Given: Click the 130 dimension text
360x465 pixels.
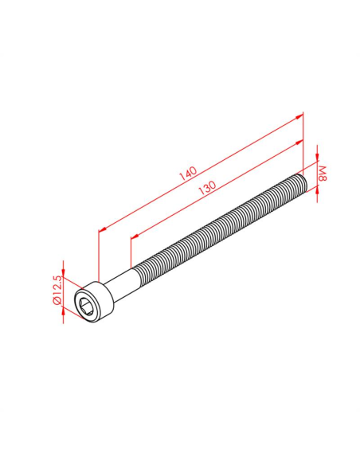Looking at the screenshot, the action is click(207, 188).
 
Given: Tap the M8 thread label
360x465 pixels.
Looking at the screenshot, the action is click(323, 174).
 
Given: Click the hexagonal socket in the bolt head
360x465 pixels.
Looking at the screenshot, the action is click(88, 306).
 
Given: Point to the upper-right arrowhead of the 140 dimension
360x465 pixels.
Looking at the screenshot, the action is click(299, 117).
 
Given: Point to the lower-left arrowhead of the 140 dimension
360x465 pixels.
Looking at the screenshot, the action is click(103, 229).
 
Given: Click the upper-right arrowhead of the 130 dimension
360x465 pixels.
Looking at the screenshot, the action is click(299, 143).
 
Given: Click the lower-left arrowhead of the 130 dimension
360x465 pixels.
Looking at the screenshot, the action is click(135, 236).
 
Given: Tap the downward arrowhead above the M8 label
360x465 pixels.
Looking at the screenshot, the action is click(317, 158).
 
